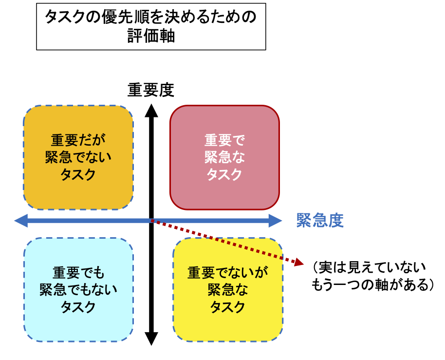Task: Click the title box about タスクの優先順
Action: click(151, 26)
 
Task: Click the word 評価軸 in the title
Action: click(151, 37)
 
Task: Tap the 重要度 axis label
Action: click(151, 90)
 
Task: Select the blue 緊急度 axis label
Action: click(320, 221)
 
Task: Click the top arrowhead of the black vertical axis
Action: click(151, 111)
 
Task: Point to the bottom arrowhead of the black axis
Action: click(151, 339)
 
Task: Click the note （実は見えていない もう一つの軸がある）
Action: click(372, 276)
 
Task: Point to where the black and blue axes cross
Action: click(151, 221)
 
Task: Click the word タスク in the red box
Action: click(224, 174)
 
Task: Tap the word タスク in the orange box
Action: click(78, 174)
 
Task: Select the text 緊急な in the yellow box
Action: click(227, 290)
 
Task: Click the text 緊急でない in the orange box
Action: click(78, 157)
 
